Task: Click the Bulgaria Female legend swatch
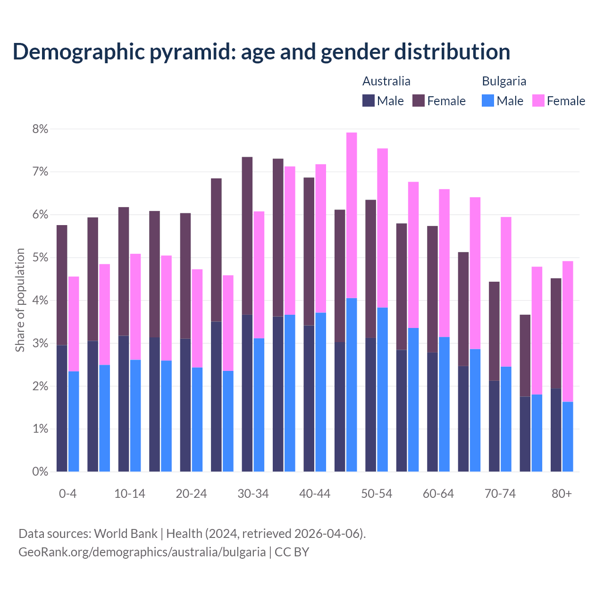pyautogui.click(x=538, y=101)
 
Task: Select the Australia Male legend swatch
pyautogui.click(x=369, y=101)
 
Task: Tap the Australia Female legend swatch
pyautogui.click(x=419, y=101)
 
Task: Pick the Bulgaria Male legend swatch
pyautogui.click(x=488, y=101)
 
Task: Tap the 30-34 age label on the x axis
pyautogui.click(x=253, y=494)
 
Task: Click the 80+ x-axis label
pyautogui.click(x=562, y=494)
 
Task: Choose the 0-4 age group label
pyautogui.click(x=67, y=494)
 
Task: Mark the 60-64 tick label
pyautogui.click(x=438, y=494)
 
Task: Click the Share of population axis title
pyautogui.click(x=20, y=300)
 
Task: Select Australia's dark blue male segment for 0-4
pyautogui.click(x=62, y=408)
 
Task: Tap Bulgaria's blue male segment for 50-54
pyautogui.click(x=382, y=389)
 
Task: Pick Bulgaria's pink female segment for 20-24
pyautogui.click(x=197, y=318)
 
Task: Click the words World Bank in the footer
pyautogui.click(x=126, y=534)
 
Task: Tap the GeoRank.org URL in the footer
pyautogui.click(x=142, y=552)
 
